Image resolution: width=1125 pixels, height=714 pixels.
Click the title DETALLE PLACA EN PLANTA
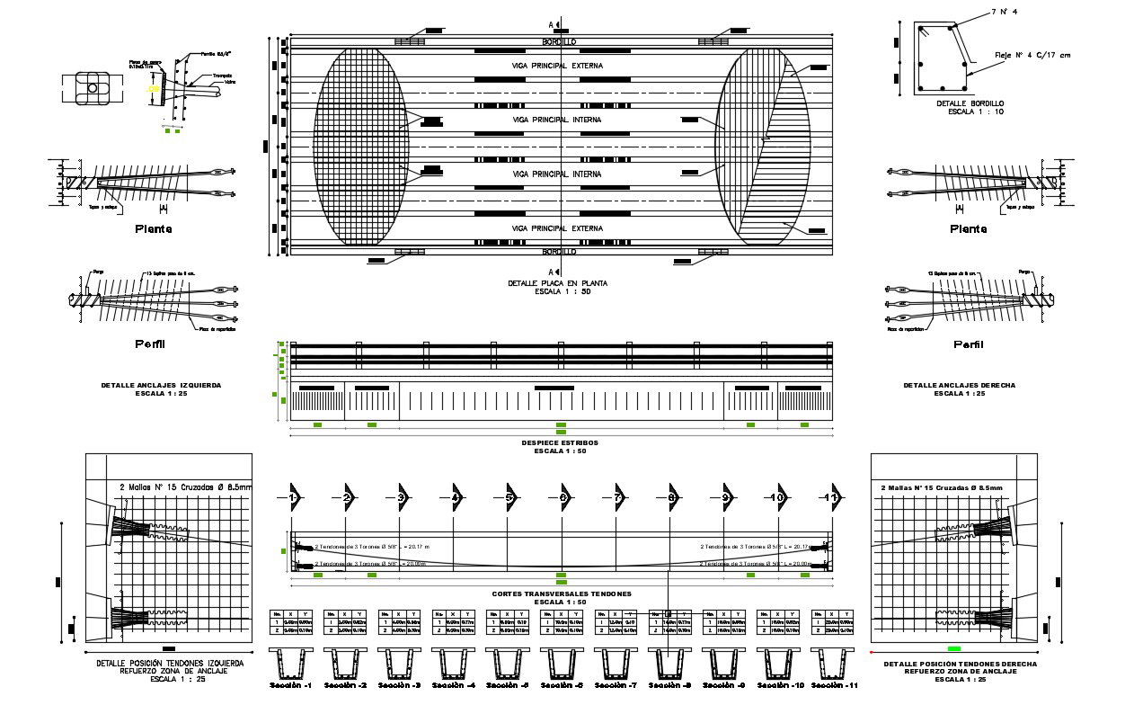click(x=557, y=283)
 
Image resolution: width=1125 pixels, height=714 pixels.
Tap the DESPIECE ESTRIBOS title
click(x=560, y=442)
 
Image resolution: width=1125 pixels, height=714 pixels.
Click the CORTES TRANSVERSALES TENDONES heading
click(x=562, y=594)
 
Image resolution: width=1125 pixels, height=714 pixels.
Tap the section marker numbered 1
click(x=294, y=497)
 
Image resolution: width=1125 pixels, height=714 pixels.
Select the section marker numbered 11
click(x=832, y=497)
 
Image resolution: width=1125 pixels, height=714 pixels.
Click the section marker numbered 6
click(x=563, y=497)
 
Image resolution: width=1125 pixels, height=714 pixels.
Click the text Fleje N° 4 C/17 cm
click(x=1032, y=55)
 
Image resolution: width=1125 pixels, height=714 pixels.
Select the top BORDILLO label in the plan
click(x=559, y=42)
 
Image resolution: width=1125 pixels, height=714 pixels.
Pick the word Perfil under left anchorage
click(x=151, y=344)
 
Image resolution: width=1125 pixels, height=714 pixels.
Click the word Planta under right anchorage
click(x=968, y=228)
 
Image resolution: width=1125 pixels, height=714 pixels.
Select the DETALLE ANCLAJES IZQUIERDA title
click(x=161, y=385)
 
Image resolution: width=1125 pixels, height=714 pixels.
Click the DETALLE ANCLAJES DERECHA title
click(x=959, y=385)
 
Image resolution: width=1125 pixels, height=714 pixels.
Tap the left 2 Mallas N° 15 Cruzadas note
click(x=186, y=488)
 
